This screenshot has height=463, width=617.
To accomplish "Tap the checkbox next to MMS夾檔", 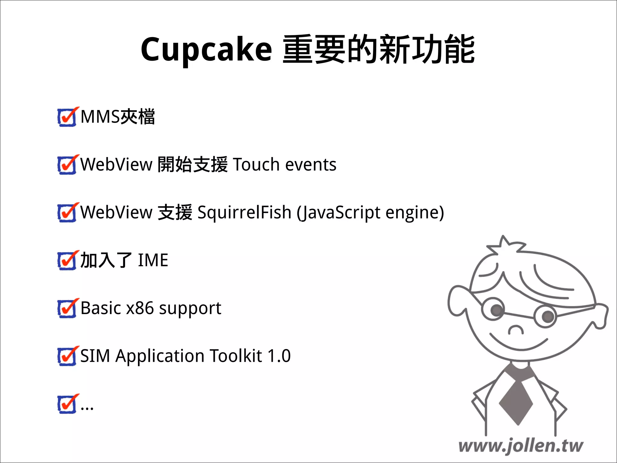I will pos(67,117).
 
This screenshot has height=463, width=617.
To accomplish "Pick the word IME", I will pos(153,260).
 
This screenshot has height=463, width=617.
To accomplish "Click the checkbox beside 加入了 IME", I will pos(67,260).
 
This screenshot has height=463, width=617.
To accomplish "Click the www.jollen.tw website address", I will pos(521,446).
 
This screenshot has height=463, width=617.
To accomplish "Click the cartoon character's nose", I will pos(516,330).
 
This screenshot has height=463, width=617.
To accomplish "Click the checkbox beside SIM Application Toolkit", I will pos(67,356).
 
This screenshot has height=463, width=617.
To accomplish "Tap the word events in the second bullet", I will pos(311,165).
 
